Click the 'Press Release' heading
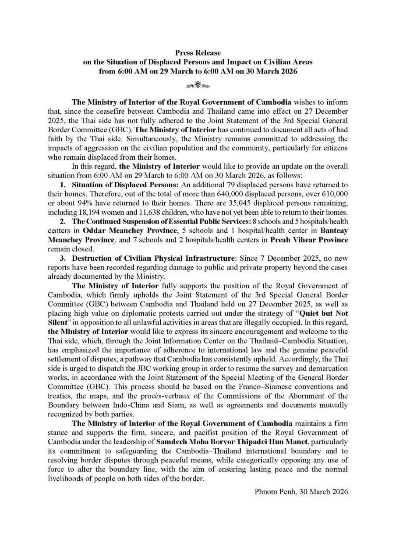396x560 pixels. [198, 53]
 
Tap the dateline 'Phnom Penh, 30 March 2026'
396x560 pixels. [301, 491]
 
